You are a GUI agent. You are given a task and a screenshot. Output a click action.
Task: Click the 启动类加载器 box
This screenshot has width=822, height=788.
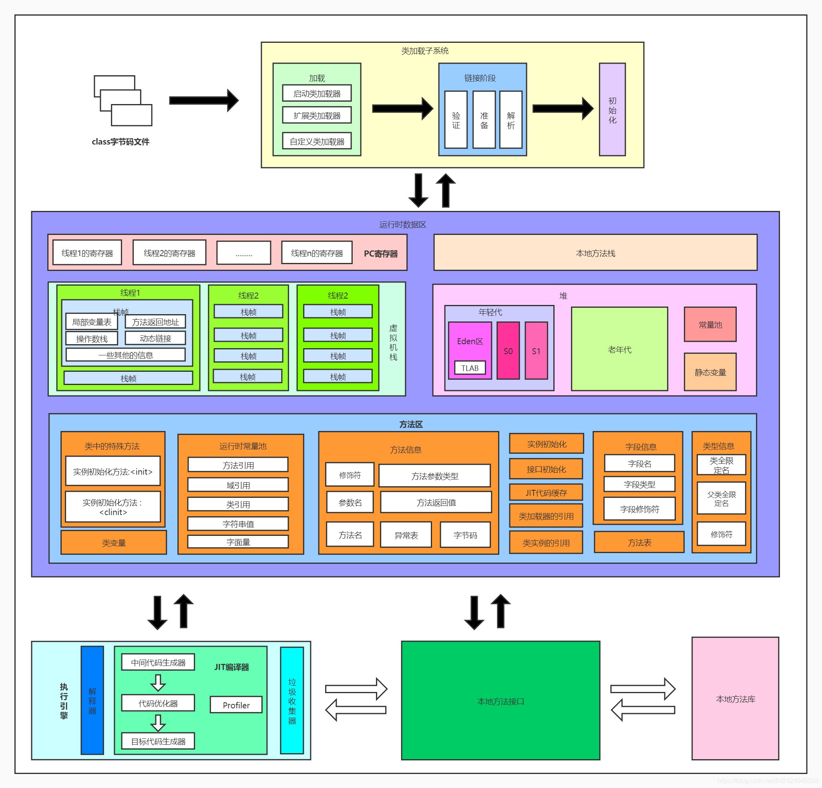[317, 93]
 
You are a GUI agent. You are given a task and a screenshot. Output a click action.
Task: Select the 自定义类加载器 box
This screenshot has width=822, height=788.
[317, 141]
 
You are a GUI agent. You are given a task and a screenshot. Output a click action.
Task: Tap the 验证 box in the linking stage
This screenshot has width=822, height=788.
[456, 120]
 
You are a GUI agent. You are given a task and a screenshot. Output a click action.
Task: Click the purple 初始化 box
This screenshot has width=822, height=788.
[612, 110]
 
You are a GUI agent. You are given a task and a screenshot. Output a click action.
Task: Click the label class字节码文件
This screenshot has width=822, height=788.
[121, 142]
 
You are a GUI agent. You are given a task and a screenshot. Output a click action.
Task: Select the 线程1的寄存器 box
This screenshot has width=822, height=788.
[87, 253]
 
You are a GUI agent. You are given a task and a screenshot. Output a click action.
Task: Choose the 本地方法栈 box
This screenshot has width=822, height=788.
[595, 253]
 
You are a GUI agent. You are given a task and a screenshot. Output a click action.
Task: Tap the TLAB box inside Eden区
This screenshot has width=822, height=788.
[470, 368]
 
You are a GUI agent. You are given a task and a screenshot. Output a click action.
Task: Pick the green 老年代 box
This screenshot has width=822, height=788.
[619, 349]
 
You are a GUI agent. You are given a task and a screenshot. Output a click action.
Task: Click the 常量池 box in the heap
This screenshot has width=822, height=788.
[709, 325]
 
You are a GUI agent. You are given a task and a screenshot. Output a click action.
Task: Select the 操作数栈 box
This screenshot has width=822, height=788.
[91, 338]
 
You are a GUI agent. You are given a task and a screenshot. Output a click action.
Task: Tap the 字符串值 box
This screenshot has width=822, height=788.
[238, 523]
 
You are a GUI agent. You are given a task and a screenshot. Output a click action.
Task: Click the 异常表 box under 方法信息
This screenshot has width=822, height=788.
[406, 535]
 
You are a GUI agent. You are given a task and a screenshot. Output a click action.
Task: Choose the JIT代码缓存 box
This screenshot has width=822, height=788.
[546, 493]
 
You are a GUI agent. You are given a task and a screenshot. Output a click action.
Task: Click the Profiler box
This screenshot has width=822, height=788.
[236, 705]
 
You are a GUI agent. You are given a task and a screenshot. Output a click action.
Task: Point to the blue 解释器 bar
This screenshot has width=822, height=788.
[92, 700]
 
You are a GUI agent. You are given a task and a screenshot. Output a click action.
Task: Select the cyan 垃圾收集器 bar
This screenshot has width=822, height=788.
[292, 700]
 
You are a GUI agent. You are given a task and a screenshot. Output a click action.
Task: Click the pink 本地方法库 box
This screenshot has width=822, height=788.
[735, 699]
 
